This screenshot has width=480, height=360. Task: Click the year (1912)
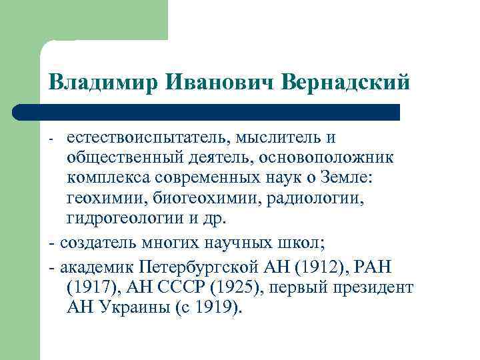(x=319, y=267)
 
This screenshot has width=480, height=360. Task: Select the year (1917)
(x=91, y=289)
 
